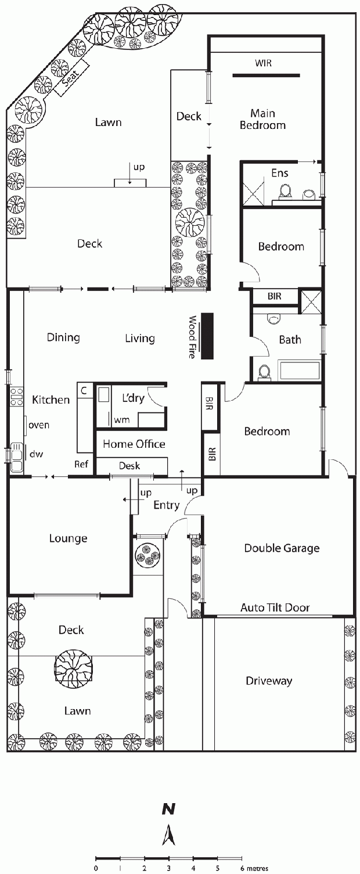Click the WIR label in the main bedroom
tap(263, 63)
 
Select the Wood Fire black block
tap(207, 336)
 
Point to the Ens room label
tap(280, 173)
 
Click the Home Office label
tap(134, 444)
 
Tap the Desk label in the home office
tap(129, 466)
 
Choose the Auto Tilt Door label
tap(275, 607)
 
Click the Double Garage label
tap(282, 548)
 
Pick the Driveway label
tap(269, 681)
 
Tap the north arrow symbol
tap(168, 822)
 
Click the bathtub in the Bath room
tap(299, 371)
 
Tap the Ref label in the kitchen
tap(81, 464)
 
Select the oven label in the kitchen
tap(39, 425)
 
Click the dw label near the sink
tap(36, 454)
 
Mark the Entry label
tap(166, 505)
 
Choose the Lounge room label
tap(69, 538)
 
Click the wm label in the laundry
tap(122, 420)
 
